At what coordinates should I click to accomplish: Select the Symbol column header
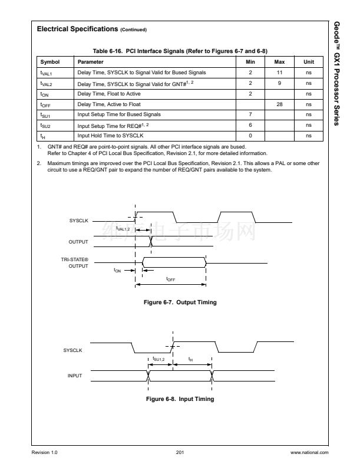click(49, 62)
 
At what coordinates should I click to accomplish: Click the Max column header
click(279, 62)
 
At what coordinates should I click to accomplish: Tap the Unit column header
click(309, 62)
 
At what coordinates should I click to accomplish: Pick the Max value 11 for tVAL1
click(279, 73)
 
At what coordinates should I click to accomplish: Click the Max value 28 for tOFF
click(279, 104)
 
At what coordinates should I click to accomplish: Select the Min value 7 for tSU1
click(250, 115)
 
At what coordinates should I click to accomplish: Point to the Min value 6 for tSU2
click(250, 126)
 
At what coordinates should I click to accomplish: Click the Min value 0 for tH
click(250, 136)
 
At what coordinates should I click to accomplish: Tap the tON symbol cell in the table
click(44, 94)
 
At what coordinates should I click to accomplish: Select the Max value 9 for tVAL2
click(279, 83)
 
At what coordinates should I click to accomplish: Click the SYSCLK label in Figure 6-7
click(78, 220)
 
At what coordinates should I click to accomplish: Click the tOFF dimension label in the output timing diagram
click(170, 279)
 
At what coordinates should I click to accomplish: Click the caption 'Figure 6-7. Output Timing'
click(180, 302)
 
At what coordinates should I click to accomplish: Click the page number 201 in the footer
click(180, 452)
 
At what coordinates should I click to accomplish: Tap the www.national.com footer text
click(309, 452)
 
